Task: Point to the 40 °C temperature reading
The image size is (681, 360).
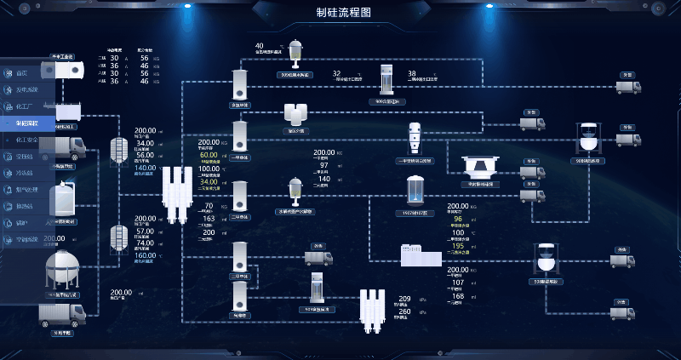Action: pyautogui.click(x=260, y=46)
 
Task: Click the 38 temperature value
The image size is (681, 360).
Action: pyautogui.click(x=412, y=74)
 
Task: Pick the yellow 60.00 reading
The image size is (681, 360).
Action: pyautogui.click(x=209, y=156)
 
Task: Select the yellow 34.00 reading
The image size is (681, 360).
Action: pyautogui.click(x=209, y=181)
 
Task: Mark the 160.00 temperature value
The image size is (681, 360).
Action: pyautogui.click(x=145, y=254)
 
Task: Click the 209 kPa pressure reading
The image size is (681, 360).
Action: pyautogui.click(x=405, y=298)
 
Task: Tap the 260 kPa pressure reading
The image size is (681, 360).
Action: pyautogui.click(x=405, y=312)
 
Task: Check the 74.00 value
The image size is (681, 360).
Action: pyautogui.click(x=145, y=243)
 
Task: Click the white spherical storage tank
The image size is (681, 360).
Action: pyautogui.click(x=61, y=266)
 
